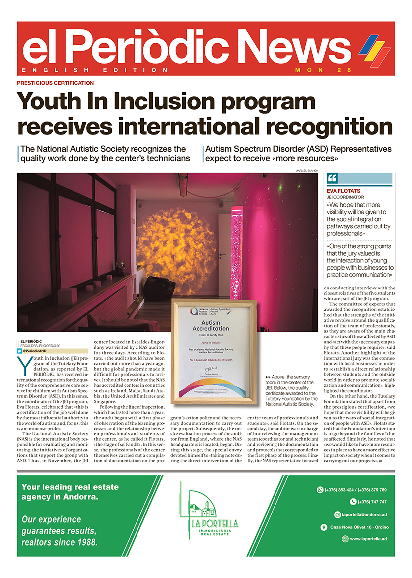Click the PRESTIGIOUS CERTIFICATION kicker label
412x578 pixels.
(x=55, y=83)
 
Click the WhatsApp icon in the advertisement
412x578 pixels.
(x=320, y=490)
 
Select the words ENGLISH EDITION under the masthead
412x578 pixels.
(x=96, y=70)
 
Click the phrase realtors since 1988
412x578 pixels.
(x=59, y=541)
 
